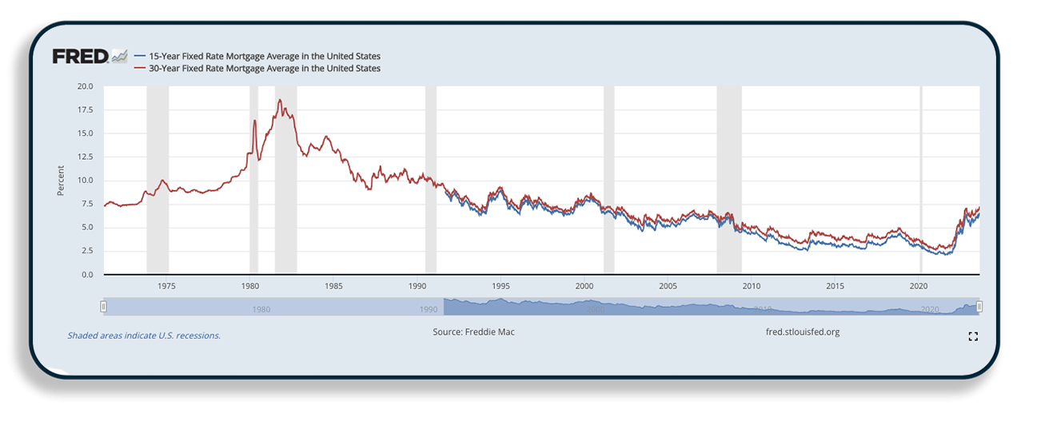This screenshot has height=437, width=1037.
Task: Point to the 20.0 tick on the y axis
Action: (85, 86)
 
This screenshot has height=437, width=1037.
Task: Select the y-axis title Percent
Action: (61, 181)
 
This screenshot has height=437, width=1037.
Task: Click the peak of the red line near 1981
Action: (280, 100)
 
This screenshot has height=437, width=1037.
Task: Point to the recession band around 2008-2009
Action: (728, 180)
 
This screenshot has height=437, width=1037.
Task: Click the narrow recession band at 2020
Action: (921, 180)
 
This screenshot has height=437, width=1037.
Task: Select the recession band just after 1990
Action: (431, 180)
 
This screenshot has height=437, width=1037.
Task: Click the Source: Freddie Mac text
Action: (473, 332)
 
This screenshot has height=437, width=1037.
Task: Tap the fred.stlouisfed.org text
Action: (802, 332)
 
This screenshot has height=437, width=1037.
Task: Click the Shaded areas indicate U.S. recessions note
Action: (144, 336)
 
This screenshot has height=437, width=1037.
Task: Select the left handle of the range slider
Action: (103, 306)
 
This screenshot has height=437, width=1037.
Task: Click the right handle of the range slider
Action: (979, 306)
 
